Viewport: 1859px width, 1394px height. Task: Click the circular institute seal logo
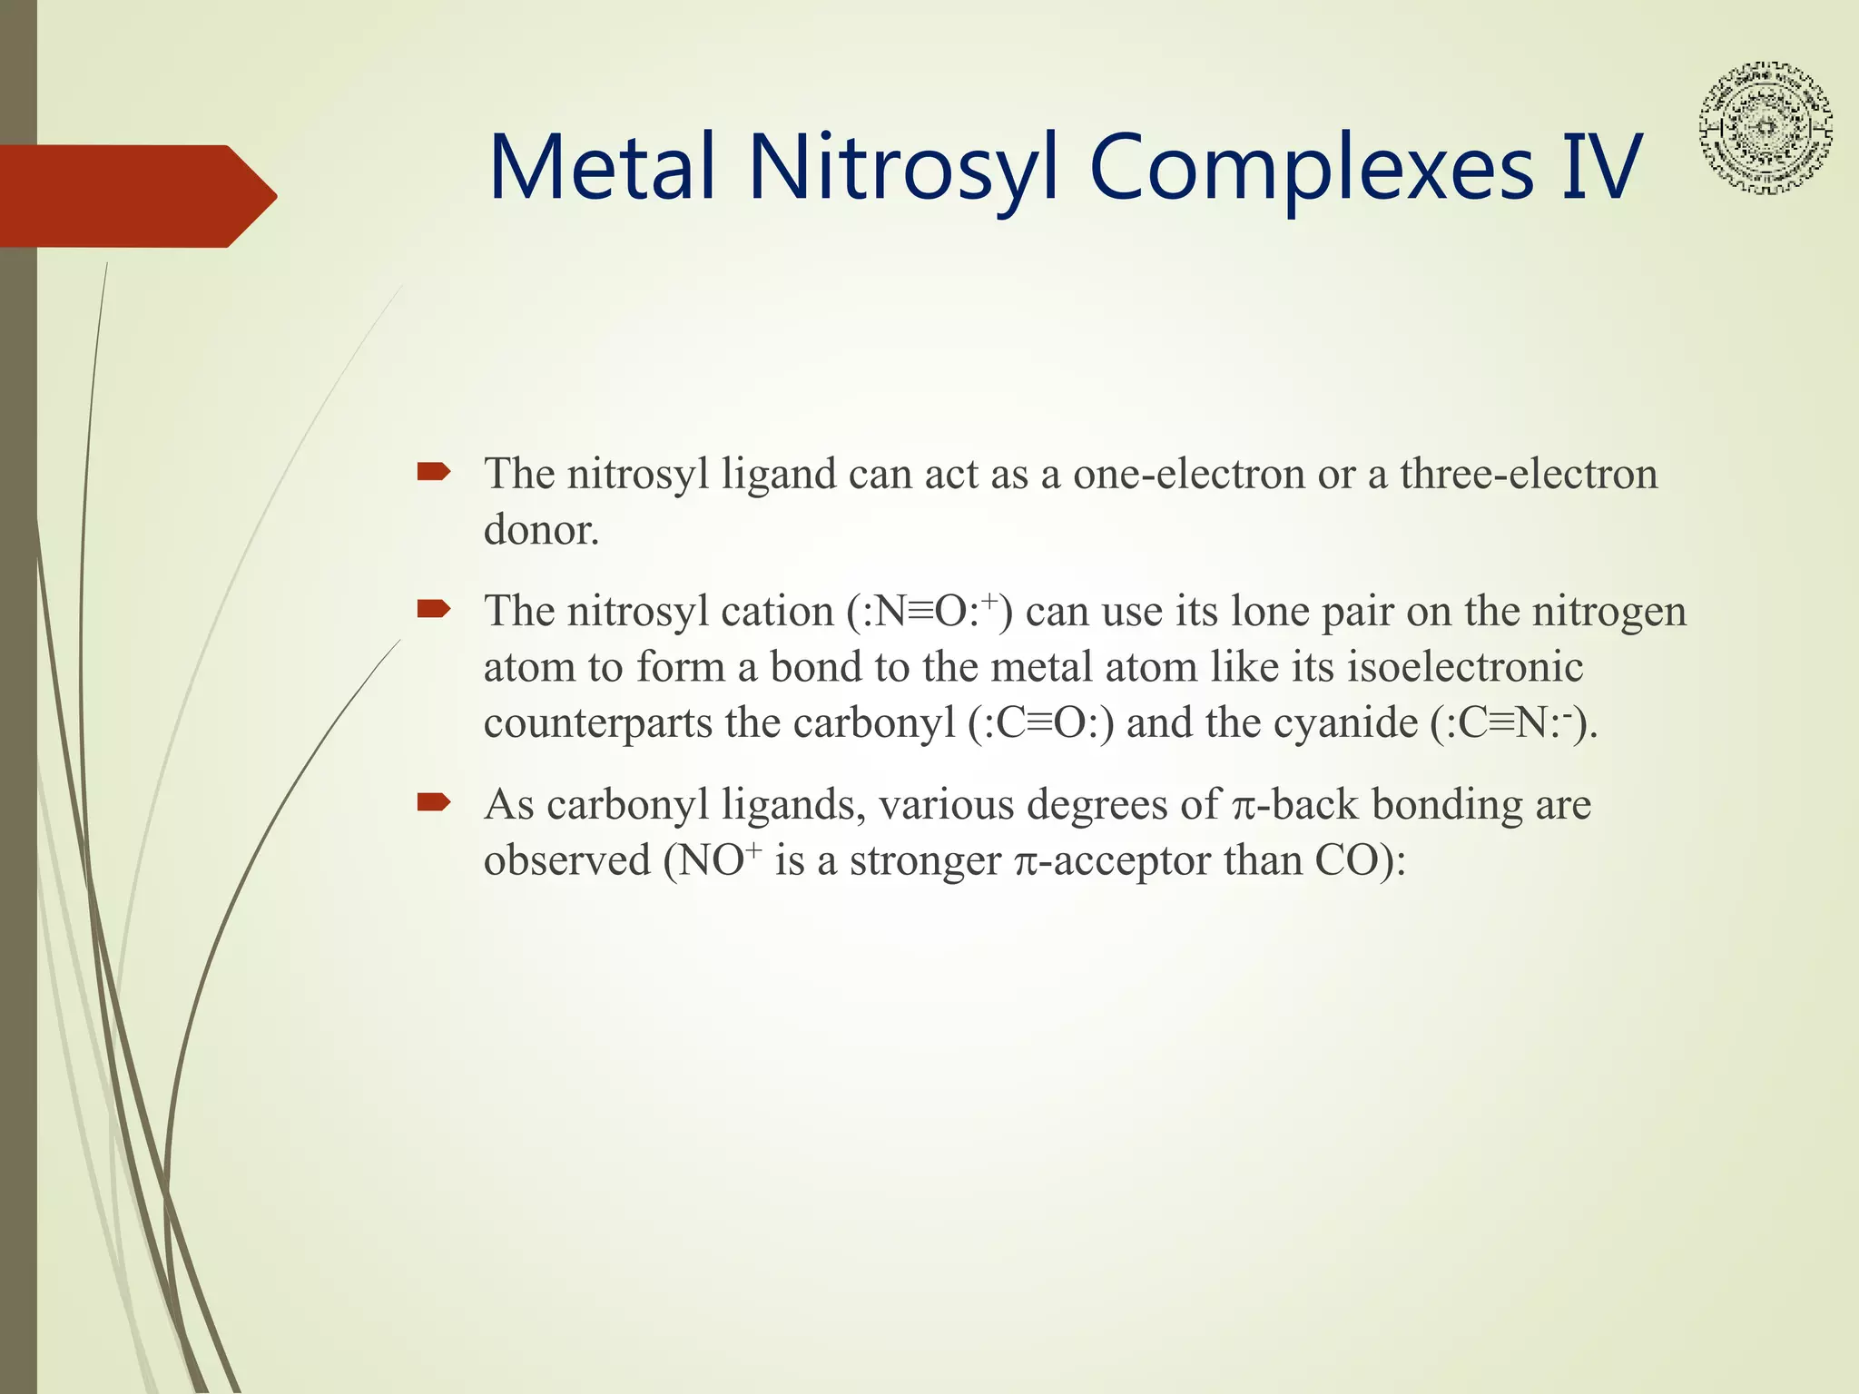(x=1766, y=127)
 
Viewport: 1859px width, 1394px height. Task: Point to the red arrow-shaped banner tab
(x=136, y=196)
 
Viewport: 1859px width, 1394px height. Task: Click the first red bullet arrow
(x=433, y=472)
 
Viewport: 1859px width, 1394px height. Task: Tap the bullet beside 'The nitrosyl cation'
(x=433, y=609)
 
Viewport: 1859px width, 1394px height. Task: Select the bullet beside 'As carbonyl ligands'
(x=433, y=802)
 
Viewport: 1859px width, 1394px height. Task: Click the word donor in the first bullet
(x=541, y=530)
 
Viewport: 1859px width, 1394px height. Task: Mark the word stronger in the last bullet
(x=925, y=860)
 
